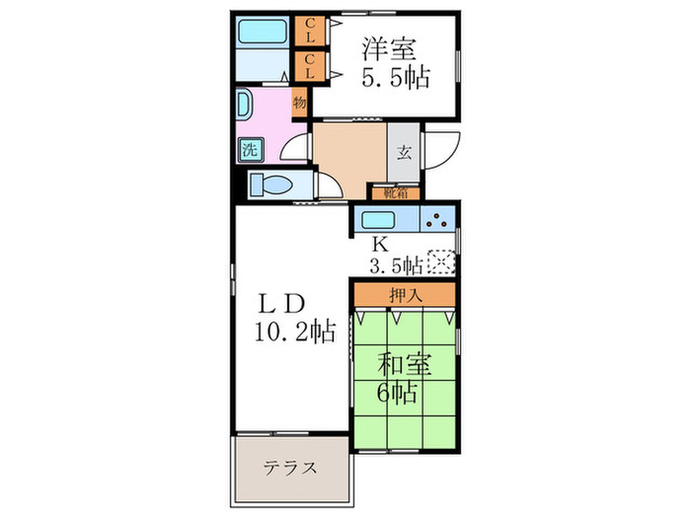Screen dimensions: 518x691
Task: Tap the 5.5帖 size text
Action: (x=394, y=78)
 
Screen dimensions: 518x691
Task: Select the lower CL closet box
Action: (x=309, y=67)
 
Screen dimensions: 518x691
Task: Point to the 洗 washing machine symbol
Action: (x=250, y=151)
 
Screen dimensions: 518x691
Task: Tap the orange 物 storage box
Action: (x=299, y=103)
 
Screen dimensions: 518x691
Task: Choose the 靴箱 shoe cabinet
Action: (x=395, y=192)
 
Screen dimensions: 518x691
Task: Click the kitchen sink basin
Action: (x=380, y=221)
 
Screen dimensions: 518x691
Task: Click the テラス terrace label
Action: (x=289, y=468)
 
